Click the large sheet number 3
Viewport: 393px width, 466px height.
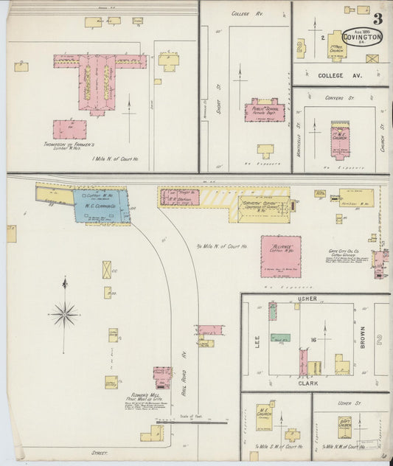(x=377, y=19)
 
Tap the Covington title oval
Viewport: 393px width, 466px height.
(x=362, y=36)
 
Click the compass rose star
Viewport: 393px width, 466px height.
(x=64, y=315)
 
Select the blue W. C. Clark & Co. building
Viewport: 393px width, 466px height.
(x=102, y=206)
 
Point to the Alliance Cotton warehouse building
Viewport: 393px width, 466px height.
(x=280, y=256)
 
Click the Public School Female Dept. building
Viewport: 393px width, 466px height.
(x=264, y=111)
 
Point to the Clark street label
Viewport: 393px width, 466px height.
(x=307, y=383)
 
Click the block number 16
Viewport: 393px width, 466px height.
(x=313, y=340)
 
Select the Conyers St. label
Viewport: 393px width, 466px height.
(x=340, y=97)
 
